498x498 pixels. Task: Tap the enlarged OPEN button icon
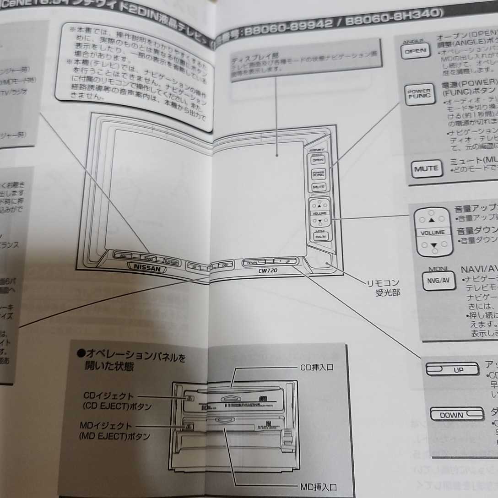(415, 51)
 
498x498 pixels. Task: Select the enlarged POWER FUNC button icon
(419, 94)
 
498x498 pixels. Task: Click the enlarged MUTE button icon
(426, 169)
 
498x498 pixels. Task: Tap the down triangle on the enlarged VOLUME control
(433, 245)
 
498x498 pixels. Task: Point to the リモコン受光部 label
(384, 287)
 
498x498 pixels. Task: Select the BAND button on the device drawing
(147, 258)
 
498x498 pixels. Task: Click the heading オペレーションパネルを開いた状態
(133, 361)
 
